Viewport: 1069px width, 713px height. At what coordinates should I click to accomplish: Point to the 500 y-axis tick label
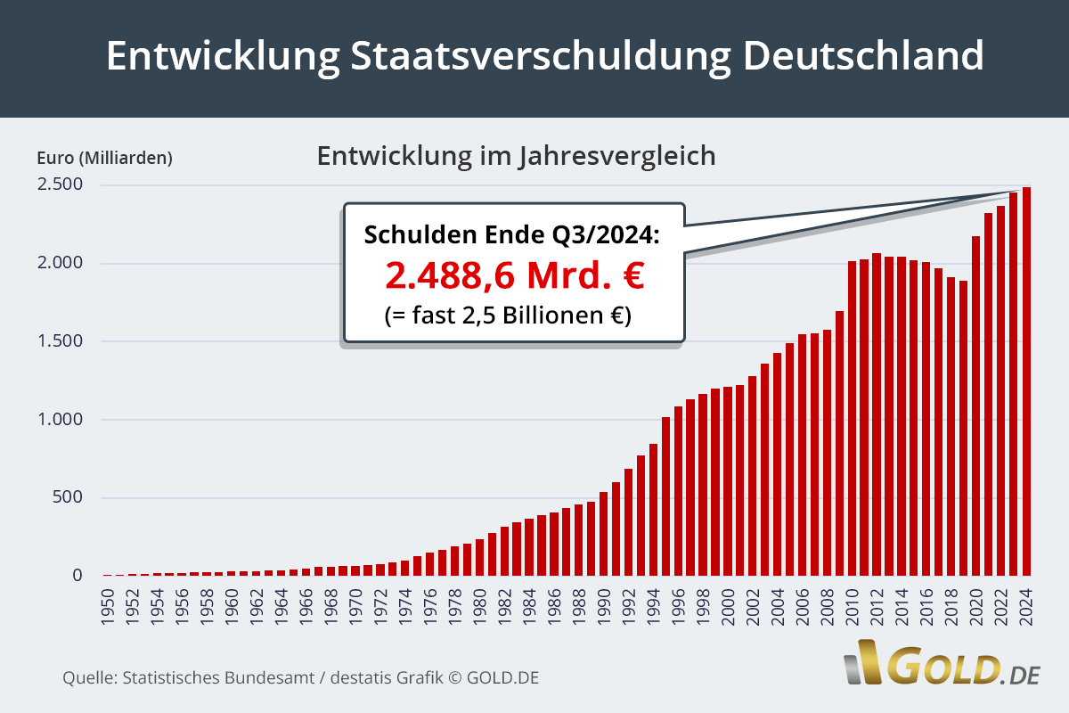click(68, 497)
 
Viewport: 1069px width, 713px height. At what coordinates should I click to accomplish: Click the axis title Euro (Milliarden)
click(104, 159)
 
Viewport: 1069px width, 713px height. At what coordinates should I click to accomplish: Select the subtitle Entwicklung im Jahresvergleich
click(516, 156)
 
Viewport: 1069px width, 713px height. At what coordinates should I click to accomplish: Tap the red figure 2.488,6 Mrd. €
click(514, 275)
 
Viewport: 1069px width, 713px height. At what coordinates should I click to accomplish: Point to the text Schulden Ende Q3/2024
click(512, 235)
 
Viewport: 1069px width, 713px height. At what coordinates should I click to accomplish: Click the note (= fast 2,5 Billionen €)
click(508, 315)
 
